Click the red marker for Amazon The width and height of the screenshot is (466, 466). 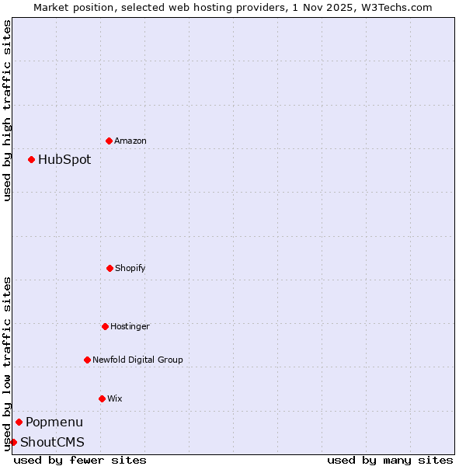(x=109, y=141)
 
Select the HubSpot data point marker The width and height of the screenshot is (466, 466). (x=31, y=159)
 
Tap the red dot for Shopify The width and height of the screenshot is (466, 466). (x=110, y=268)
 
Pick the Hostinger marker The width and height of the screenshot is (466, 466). (x=105, y=326)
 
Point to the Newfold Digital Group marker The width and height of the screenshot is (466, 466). (x=87, y=360)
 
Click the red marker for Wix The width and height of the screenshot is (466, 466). (x=102, y=398)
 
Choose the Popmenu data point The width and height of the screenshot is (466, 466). (x=19, y=422)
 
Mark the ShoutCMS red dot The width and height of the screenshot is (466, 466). (x=13, y=442)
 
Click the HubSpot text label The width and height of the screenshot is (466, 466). (x=64, y=160)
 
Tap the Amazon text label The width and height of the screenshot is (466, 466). (x=130, y=141)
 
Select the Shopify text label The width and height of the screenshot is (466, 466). (x=130, y=268)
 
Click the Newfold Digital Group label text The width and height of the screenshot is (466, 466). (x=137, y=360)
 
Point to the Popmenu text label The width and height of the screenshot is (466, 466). (x=54, y=423)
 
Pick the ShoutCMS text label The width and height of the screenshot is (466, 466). (x=52, y=443)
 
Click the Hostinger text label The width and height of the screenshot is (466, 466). (x=130, y=326)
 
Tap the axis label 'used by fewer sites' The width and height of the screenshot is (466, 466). (x=80, y=460)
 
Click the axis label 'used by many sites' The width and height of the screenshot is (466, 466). (x=390, y=460)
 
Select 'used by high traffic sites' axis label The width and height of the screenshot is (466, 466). (x=7, y=110)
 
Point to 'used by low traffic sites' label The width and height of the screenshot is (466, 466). (x=7, y=363)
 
